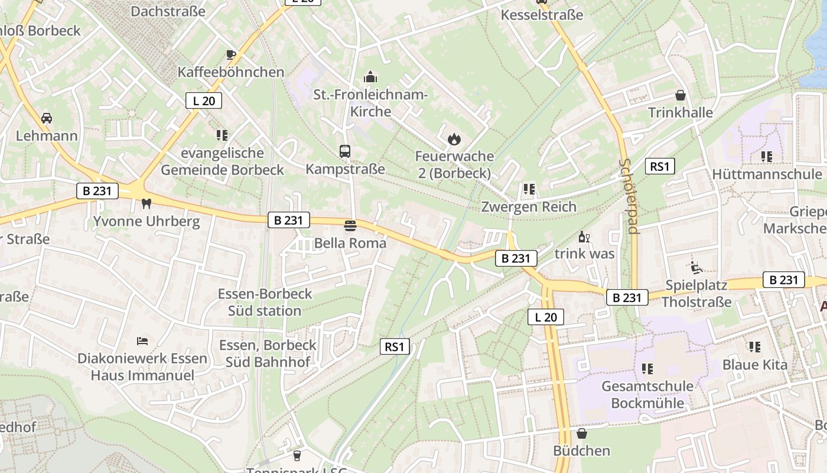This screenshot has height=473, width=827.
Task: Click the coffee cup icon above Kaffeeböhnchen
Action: point(231,55)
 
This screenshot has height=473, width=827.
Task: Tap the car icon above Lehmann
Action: point(47,118)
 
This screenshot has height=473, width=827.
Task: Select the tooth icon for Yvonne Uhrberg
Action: point(146,204)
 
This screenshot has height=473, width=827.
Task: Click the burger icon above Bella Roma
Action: point(350,225)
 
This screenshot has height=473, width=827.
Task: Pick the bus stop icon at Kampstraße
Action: point(345,151)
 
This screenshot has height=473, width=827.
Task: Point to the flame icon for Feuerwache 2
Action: point(454,139)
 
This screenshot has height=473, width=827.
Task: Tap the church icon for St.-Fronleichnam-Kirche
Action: point(370,77)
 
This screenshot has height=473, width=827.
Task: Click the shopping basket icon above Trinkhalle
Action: point(681,95)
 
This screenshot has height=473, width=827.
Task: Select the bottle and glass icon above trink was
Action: point(584,237)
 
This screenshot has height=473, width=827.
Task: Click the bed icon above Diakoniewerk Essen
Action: point(142,341)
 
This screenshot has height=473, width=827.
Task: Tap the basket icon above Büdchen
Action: point(582,433)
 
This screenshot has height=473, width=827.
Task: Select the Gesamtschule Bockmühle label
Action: point(647,395)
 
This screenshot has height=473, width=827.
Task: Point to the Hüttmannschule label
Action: point(767,174)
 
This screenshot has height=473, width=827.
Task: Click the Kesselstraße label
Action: point(542,15)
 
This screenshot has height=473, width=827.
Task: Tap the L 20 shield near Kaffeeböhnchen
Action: point(204,101)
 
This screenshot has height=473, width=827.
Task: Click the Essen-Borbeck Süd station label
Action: point(265,302)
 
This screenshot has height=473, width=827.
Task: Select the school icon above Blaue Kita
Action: point(755,347)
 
